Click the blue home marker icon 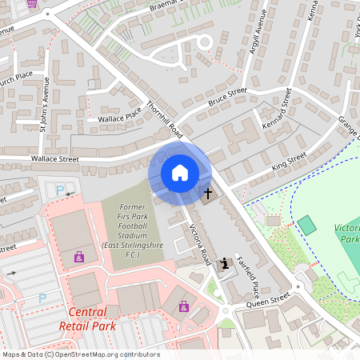[x=180, y=173]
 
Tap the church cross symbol [x=209, y=193]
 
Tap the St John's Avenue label [x=45, y=104]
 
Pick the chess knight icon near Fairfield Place [x=226, y=262]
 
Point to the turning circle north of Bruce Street [x=204, y=42]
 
